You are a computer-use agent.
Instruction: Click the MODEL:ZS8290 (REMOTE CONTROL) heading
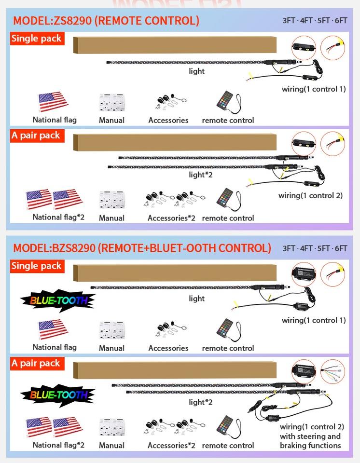pos(106,21)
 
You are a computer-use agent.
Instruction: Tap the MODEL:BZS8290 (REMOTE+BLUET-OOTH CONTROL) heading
pos(142,248)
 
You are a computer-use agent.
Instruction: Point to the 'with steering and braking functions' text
pos(310,441)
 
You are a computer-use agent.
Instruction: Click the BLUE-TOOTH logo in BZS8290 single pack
pos(57,300)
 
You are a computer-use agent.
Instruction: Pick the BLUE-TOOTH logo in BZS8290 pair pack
pos(57,395)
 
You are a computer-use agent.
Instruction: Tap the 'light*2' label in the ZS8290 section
pos(200,175)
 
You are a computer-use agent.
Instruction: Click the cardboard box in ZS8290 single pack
pos(175,45)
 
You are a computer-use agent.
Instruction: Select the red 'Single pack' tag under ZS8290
pos(37,39)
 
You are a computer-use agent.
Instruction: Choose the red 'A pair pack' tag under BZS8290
pos(36,363)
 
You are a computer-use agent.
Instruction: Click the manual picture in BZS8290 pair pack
pos(111,427)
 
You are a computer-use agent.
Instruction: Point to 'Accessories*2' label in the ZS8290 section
pos(171,218)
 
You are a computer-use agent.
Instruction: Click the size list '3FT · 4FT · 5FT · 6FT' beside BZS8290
pos(315,248)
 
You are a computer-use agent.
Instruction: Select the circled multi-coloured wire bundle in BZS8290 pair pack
pos(332,373)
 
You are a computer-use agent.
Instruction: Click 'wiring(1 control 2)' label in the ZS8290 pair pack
pos(310,195)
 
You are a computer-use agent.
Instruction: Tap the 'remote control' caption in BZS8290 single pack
pos(228,348)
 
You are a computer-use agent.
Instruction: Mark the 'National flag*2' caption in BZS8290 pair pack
pos(58,445)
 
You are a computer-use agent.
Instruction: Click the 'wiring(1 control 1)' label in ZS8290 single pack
pos(314,89)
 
